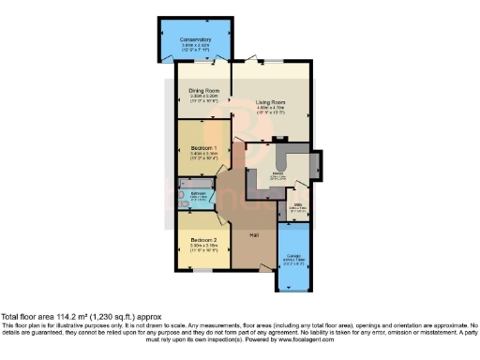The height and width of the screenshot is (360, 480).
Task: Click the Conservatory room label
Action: (x=196, y=39)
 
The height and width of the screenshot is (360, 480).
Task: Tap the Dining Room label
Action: (x=203, y=90)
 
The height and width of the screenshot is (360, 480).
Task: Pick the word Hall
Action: (x=253, y=235)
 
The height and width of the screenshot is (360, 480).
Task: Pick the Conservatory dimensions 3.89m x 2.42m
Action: (x=196, y=45)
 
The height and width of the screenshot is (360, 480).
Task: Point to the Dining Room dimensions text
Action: (x=203, y=96)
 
